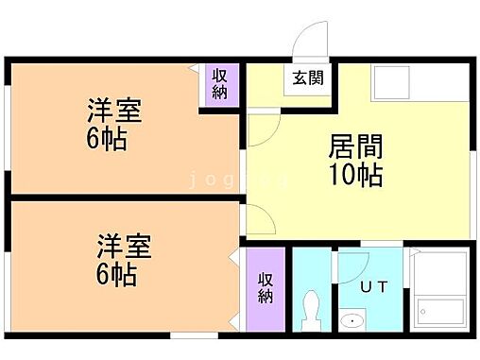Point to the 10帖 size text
(x=355, y=177)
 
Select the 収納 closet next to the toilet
(x=266, y=286)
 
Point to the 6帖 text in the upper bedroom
(x=106, y=142)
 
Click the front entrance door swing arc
(x=309, y=43)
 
